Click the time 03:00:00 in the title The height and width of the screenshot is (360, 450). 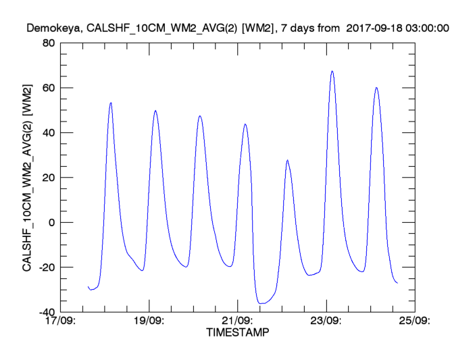point(426,28)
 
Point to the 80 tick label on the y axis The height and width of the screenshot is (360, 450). point(48,43)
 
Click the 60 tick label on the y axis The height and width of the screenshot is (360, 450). point(48,88)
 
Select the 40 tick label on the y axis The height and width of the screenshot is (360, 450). point(48,132)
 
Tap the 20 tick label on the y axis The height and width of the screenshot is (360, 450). point(48,178)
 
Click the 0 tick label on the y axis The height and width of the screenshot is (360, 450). point(51,222)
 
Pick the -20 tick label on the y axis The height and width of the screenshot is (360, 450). point(46,267)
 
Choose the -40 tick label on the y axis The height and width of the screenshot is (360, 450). point(46,312)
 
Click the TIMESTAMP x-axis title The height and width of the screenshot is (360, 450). point(237,333)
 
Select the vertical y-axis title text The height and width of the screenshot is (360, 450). point(27,178)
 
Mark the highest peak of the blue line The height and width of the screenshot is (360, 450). point(332,71)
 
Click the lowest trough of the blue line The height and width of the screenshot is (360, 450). point(262,304)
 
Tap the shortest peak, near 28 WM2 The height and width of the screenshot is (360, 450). point(287,160)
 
